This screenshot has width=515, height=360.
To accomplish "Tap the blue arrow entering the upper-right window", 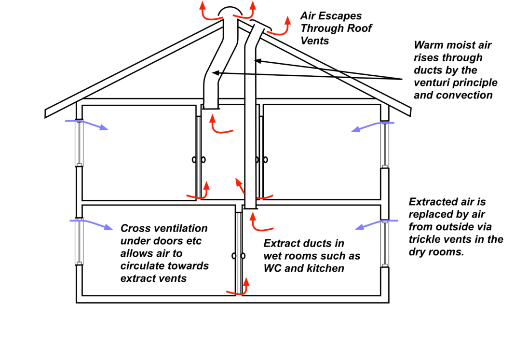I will coord(372,126).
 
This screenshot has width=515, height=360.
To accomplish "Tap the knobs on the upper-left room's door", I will coord(198,160).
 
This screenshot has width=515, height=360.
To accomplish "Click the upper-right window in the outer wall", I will coord(384,145).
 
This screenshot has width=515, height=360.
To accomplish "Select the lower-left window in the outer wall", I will coord(79,241).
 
